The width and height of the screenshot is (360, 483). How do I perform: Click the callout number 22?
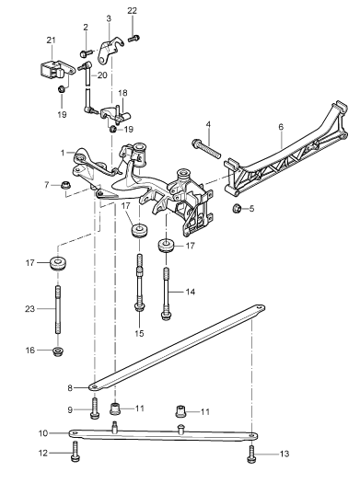pyautogui.click(x=132, y=10)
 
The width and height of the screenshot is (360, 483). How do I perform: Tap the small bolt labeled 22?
pyautogui.click(x=134, y=39)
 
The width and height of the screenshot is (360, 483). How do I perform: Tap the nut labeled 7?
pyautogui.click(x=65, y=185)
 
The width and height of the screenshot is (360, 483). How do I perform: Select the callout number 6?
pyautogui.click(x=281, y=127)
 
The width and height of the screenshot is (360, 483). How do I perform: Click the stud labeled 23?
pyautogui.click(x=58, y=309)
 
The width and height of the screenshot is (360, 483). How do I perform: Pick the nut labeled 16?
pyautogui.click(x=58, y=351)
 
